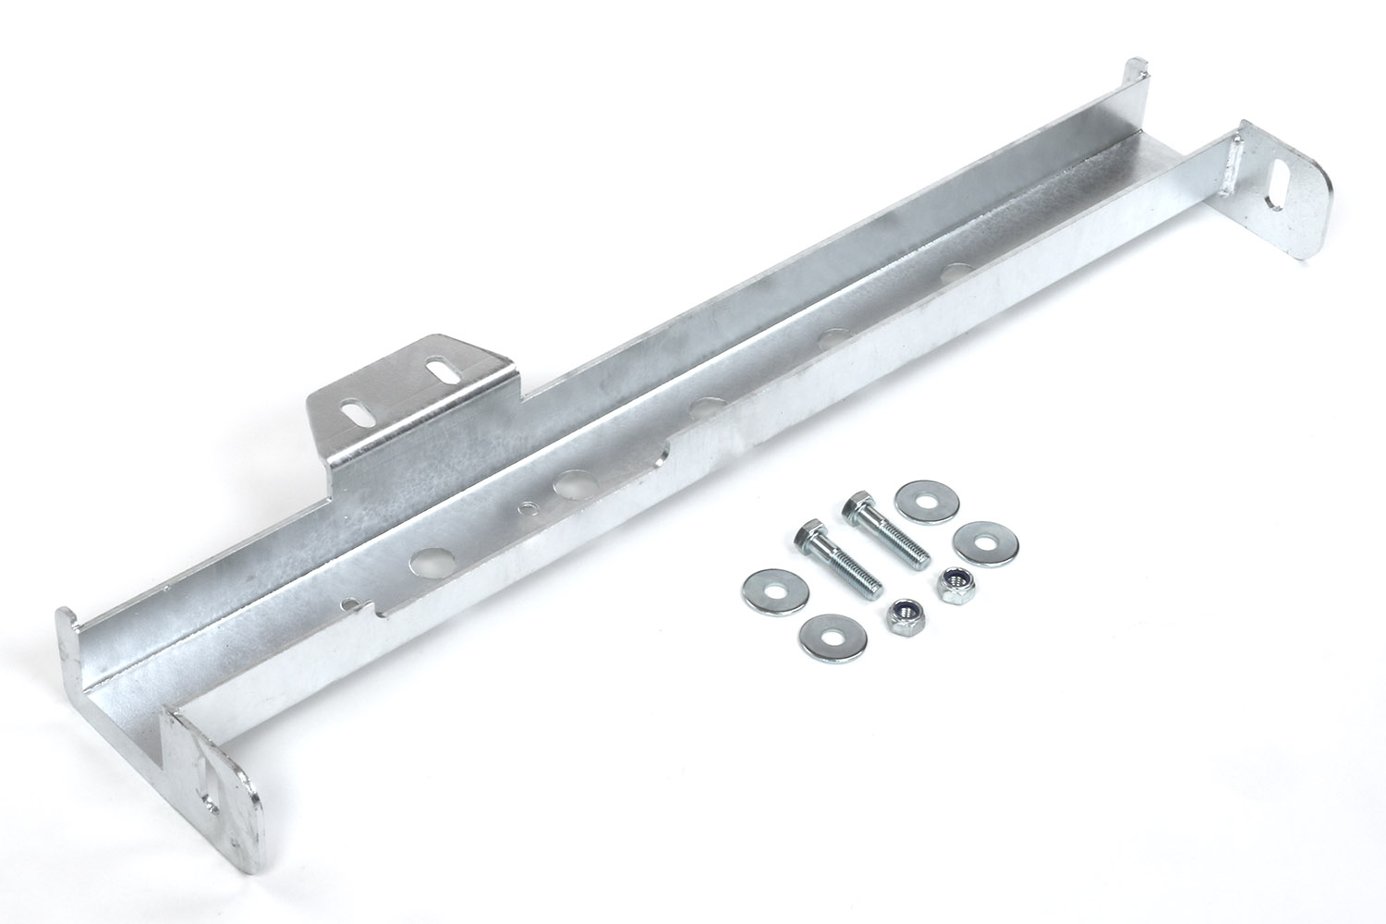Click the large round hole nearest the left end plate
429,559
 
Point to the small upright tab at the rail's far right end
1136,78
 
